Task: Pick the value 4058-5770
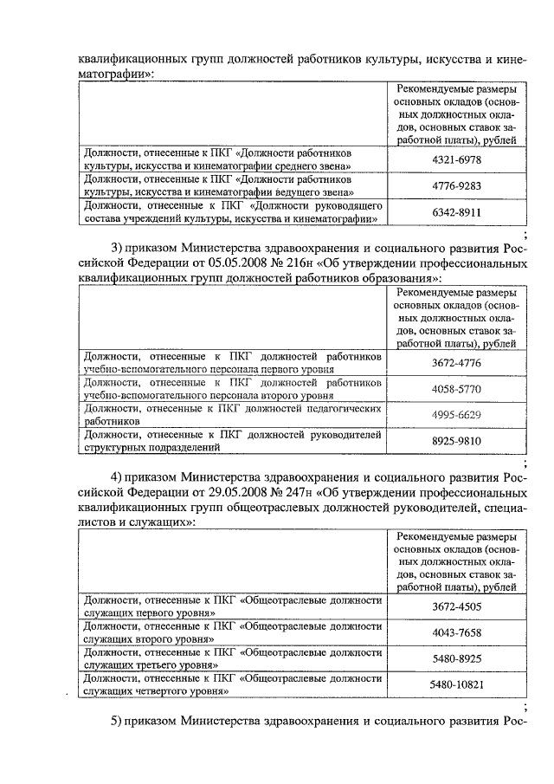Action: (x=450, y=389)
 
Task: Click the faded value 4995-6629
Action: (x=450, y=415)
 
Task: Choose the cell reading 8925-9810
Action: (x=450, y=441)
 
